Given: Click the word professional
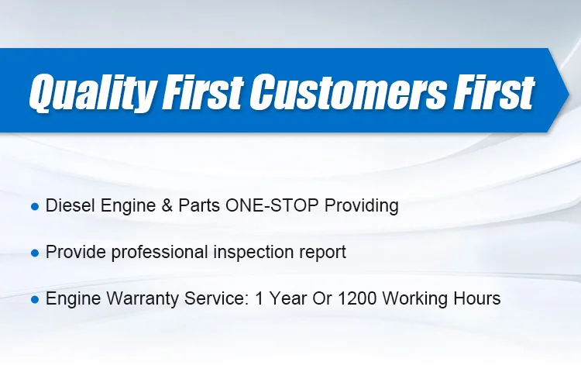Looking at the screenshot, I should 149,253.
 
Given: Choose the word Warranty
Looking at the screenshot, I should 136,298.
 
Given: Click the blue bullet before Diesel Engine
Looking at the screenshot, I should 34,207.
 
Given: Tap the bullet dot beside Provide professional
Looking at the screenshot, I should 34,253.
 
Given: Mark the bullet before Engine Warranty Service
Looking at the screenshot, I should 34,299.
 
